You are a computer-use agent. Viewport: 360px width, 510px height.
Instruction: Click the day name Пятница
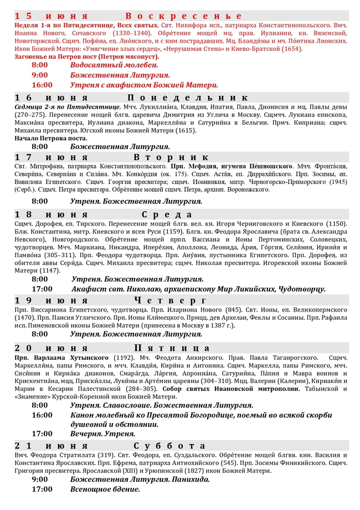pyautogui.click(x=178, y=348)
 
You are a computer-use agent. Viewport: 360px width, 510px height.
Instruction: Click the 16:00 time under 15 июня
pyautogui.click(x=42, y=85)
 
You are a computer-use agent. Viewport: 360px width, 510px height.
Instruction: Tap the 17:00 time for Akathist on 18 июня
pyautogui.click(x=42, y=289)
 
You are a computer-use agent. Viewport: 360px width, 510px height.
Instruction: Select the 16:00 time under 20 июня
pyautogui.click(x=42, y=415)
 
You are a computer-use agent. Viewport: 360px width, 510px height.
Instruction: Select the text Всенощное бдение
pyautogui.click(x=105, y=489)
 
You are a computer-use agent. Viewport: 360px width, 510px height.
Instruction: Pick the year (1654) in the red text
pyautogui.click(x=291, y=48)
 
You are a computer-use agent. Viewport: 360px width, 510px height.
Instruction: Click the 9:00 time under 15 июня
pyautogui.click(x=40, y=75)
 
